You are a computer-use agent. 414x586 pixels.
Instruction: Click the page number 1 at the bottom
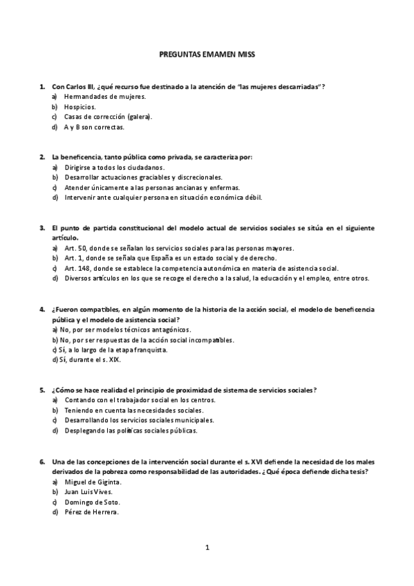click(207, 548)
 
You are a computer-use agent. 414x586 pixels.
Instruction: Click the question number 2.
click(42, 157)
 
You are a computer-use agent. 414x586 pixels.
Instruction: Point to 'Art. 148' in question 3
click(77, 268)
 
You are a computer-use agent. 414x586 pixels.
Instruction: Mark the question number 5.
click(42, 390)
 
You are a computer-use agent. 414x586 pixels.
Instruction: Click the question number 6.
click(42, 461)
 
